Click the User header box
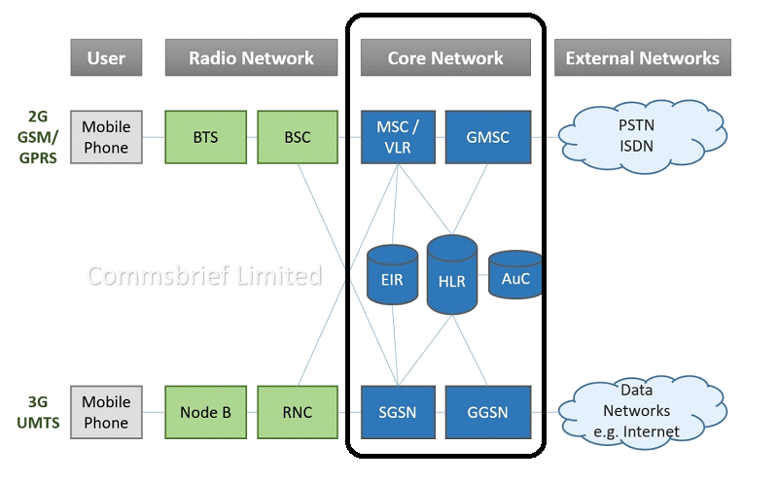tap(106, 58)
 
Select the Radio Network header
tap(252, 58)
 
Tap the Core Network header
tap(445, 58)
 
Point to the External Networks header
tap(642, 58)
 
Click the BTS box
tap(205, 137)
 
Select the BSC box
tap(298, 137)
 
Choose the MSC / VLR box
tap(399, 137)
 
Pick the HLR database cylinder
tap(452, 276)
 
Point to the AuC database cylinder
tap(514, 276)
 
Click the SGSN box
tap(399, 413)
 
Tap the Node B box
tap(205, 413)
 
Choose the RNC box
tap(298, 413)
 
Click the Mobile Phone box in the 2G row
tap(106, 137)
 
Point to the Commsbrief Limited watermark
tap(204, 276)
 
